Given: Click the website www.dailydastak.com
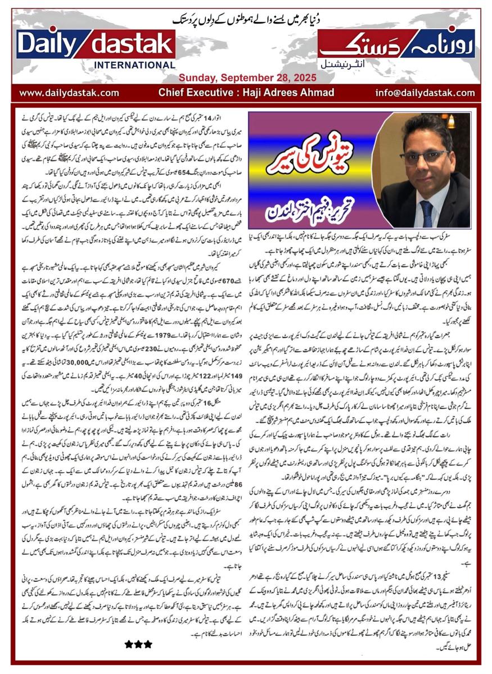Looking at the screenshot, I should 69,93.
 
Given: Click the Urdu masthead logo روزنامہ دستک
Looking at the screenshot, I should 397,43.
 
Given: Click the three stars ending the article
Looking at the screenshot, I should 138,645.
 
